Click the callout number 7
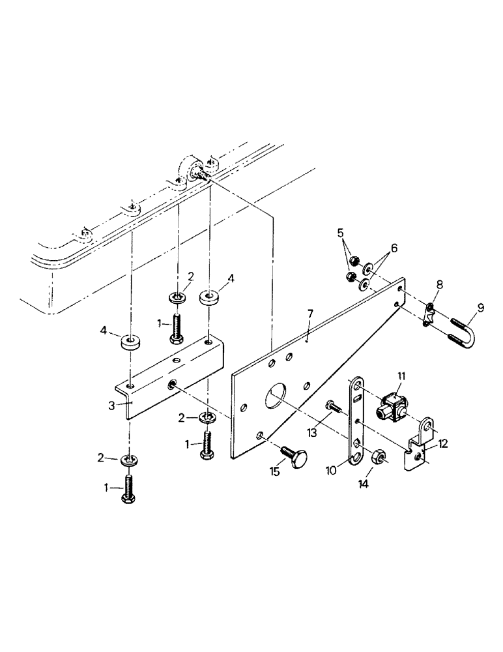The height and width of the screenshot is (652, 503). point(311,314)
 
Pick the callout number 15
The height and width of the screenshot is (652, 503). point(275,471)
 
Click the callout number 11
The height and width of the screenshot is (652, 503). point(401,376)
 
